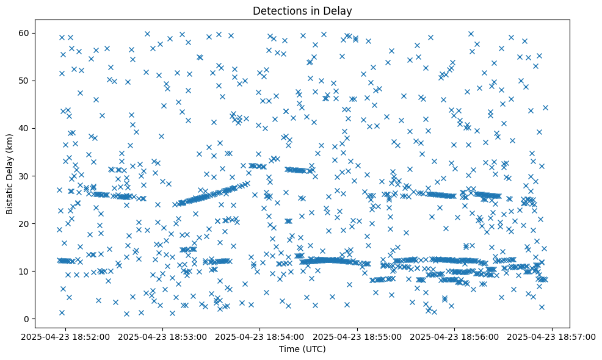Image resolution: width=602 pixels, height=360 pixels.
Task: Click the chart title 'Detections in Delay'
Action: point(302,10)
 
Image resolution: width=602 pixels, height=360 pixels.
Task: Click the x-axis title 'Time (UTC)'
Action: point(302,349)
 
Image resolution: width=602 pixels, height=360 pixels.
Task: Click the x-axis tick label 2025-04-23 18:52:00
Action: point(66,336)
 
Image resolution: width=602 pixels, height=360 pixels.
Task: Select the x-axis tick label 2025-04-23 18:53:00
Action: point(163,336)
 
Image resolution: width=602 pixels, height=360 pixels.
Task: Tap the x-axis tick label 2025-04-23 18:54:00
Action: point(261,336)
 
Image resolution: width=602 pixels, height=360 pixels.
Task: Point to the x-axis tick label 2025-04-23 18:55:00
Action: point(358,336)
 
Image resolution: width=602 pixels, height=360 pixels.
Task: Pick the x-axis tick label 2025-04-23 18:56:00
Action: point(455,336)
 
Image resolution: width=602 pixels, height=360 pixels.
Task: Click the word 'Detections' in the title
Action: point(278,10)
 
